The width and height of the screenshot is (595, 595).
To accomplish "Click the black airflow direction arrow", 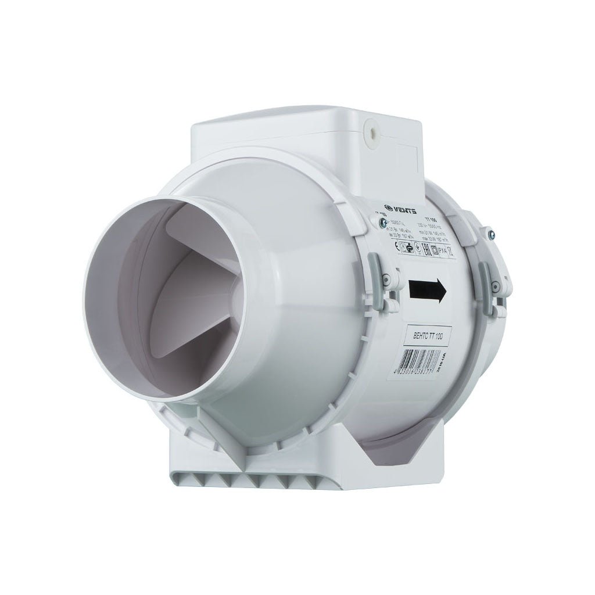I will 428,289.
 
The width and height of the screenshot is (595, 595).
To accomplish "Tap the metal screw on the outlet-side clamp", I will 492,235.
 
